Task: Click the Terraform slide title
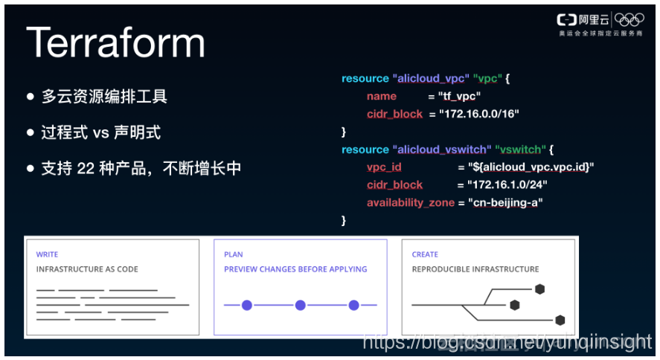tap(115, 42)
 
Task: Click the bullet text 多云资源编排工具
tap(104, 97)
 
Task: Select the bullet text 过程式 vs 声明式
tap(100, 132)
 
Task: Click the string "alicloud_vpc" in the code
tap(431, 79)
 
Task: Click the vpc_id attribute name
tap(384, 167)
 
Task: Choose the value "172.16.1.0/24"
tap(507, 185)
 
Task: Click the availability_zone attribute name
tap(410, 202)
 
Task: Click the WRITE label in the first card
tap(47, 254)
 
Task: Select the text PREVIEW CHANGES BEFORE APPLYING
tap(295, 269)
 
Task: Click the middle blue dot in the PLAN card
tap(301, 305)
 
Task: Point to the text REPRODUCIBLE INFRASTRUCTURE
tap(475, 269)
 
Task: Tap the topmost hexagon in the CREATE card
tap(539, 289)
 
